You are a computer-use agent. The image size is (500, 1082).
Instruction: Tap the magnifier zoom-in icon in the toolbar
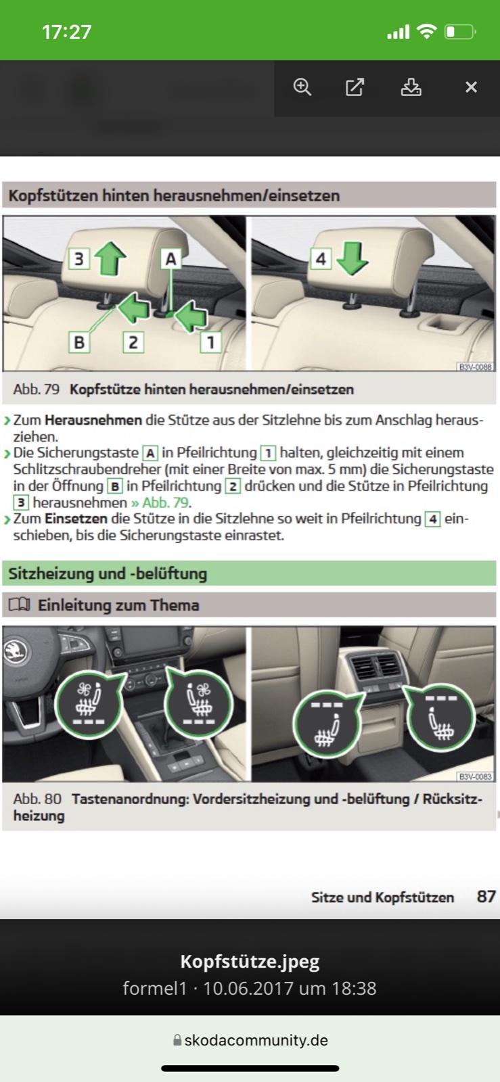coord(302,87)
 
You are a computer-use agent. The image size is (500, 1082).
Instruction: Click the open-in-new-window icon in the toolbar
coord(355,87)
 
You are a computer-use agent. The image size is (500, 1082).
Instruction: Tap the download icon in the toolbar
coord(411,87)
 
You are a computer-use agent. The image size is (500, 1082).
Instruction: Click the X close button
coord(471,87)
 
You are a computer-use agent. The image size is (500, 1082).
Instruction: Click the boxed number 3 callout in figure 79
coord(79,260)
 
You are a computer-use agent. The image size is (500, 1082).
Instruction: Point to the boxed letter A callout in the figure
coord(171,260)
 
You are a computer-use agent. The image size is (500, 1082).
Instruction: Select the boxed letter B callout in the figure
coord(79,342)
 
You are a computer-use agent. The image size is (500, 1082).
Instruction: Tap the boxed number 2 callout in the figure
coord(133,342)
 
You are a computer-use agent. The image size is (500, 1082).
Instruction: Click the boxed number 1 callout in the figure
coord(210,342)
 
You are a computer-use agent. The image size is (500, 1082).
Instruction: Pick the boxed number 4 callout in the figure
coord(321,259)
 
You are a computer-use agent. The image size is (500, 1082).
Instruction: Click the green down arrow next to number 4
coord(353,258)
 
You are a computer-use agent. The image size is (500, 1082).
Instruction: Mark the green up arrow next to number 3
coord(110,258)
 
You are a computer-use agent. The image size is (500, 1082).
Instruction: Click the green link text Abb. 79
coord(160,502)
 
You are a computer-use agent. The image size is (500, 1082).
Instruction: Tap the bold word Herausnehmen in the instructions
coord(93,420)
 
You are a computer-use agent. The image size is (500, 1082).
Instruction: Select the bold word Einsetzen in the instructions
coord(76,519)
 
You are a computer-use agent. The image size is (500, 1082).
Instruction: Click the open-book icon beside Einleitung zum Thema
coord(20,605)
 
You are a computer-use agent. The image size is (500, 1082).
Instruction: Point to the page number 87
coord(486,897)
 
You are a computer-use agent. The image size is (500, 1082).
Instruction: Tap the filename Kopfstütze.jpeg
coord(250,961)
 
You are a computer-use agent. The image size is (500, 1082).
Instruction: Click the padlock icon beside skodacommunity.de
coord(177,1040)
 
